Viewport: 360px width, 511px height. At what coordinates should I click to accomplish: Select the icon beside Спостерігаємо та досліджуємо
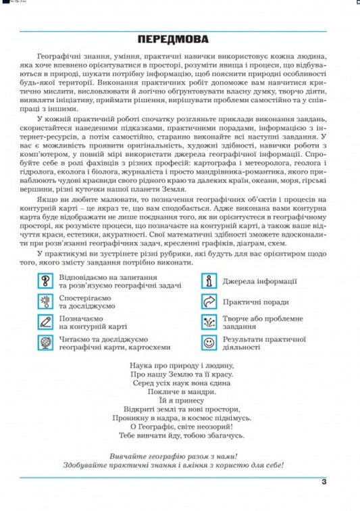pos(46,301)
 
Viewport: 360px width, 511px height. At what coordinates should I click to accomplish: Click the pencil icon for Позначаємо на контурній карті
pos(46,322)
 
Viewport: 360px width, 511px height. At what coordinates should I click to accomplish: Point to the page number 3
pos(324,482)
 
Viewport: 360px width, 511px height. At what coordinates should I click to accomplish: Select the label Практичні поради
pos(256,301)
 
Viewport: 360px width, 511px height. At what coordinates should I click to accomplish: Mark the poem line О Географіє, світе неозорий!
pos(180,427)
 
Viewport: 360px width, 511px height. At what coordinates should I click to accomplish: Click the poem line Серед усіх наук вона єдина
pos(180,383)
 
